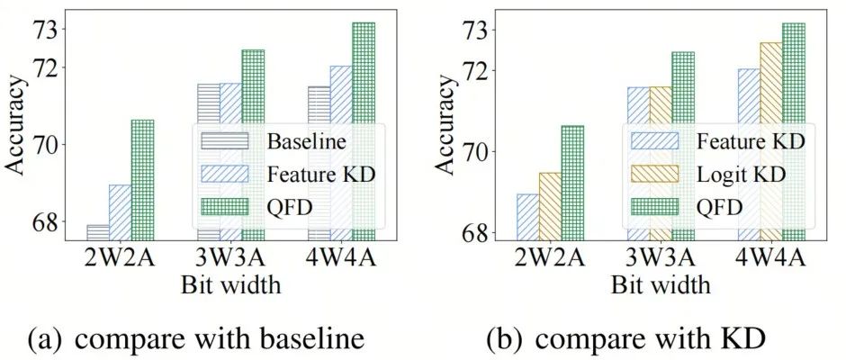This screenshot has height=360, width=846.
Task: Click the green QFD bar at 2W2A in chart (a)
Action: [x=142, y=180]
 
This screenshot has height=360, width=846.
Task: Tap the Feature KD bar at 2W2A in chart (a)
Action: [x=120, y=211]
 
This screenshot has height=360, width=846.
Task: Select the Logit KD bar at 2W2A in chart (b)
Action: [x=550, y=206]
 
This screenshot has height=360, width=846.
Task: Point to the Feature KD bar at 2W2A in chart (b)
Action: [x=527, y=217]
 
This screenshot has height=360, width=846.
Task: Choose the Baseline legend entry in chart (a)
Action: [x=306, y=141]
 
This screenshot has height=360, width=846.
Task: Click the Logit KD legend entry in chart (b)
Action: [x=741, y=174]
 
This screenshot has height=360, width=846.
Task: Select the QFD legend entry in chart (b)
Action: [x=719, y=207]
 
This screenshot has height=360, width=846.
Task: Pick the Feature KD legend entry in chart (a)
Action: [x=320, y=174]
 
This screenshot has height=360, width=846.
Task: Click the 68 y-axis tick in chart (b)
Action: [x=477, y=233]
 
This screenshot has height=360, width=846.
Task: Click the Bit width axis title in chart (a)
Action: [x=230, y=285]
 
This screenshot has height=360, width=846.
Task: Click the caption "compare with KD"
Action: [x=643, y=339]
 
